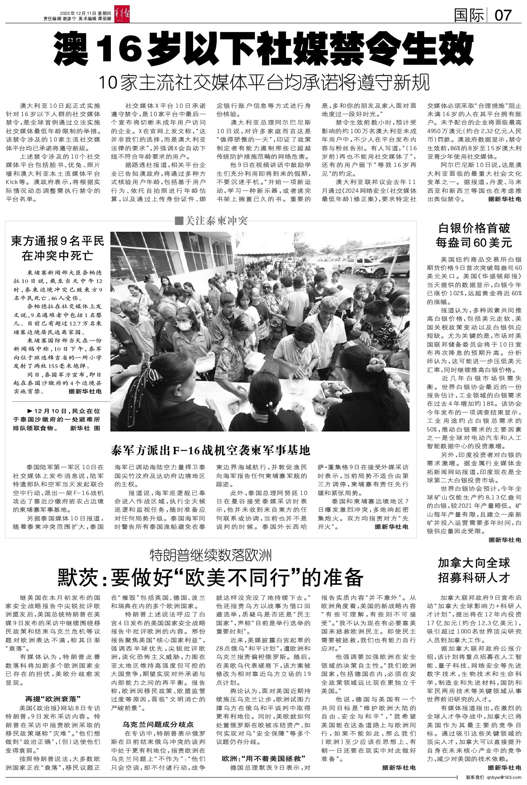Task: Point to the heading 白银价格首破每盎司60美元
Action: tap(475, 235)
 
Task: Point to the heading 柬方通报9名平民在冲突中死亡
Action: tap(57, 248)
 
